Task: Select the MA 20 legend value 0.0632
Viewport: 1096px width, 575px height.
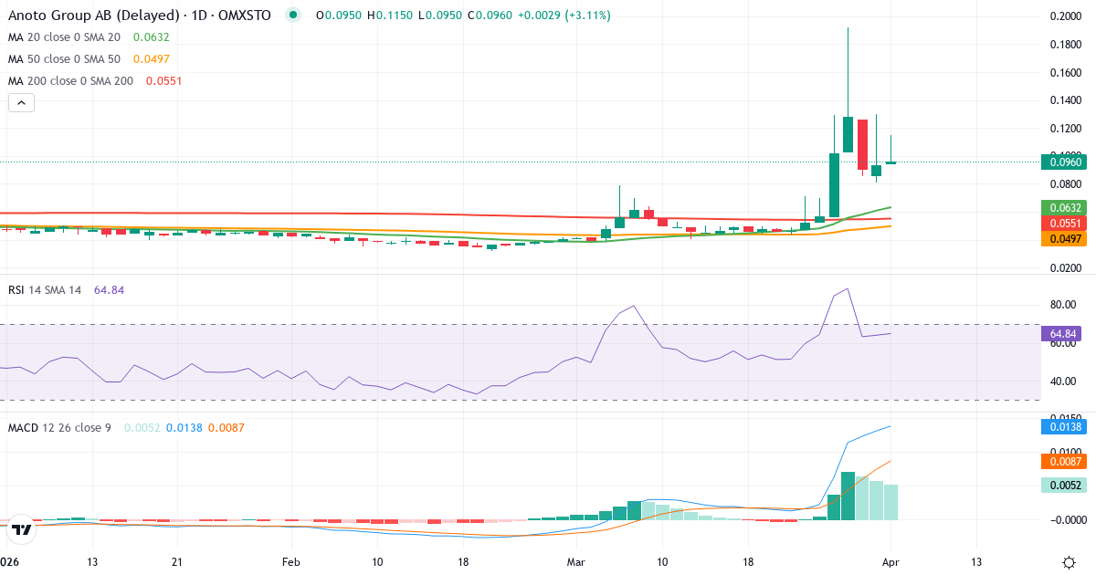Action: [x=151, y=37]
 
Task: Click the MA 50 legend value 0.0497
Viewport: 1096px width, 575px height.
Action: [x=151, y=59]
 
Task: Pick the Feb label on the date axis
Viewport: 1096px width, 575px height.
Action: [x=290, y=561]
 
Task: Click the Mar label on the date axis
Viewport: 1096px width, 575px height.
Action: [x=576, y=561]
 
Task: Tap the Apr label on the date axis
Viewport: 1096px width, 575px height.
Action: [x=890, y=561]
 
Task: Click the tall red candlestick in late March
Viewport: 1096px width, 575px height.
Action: [x=862, y=144]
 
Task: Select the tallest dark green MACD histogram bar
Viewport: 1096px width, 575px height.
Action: [x=848, y=496]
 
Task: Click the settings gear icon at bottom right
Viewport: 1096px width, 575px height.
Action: [x=1069, y=561]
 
